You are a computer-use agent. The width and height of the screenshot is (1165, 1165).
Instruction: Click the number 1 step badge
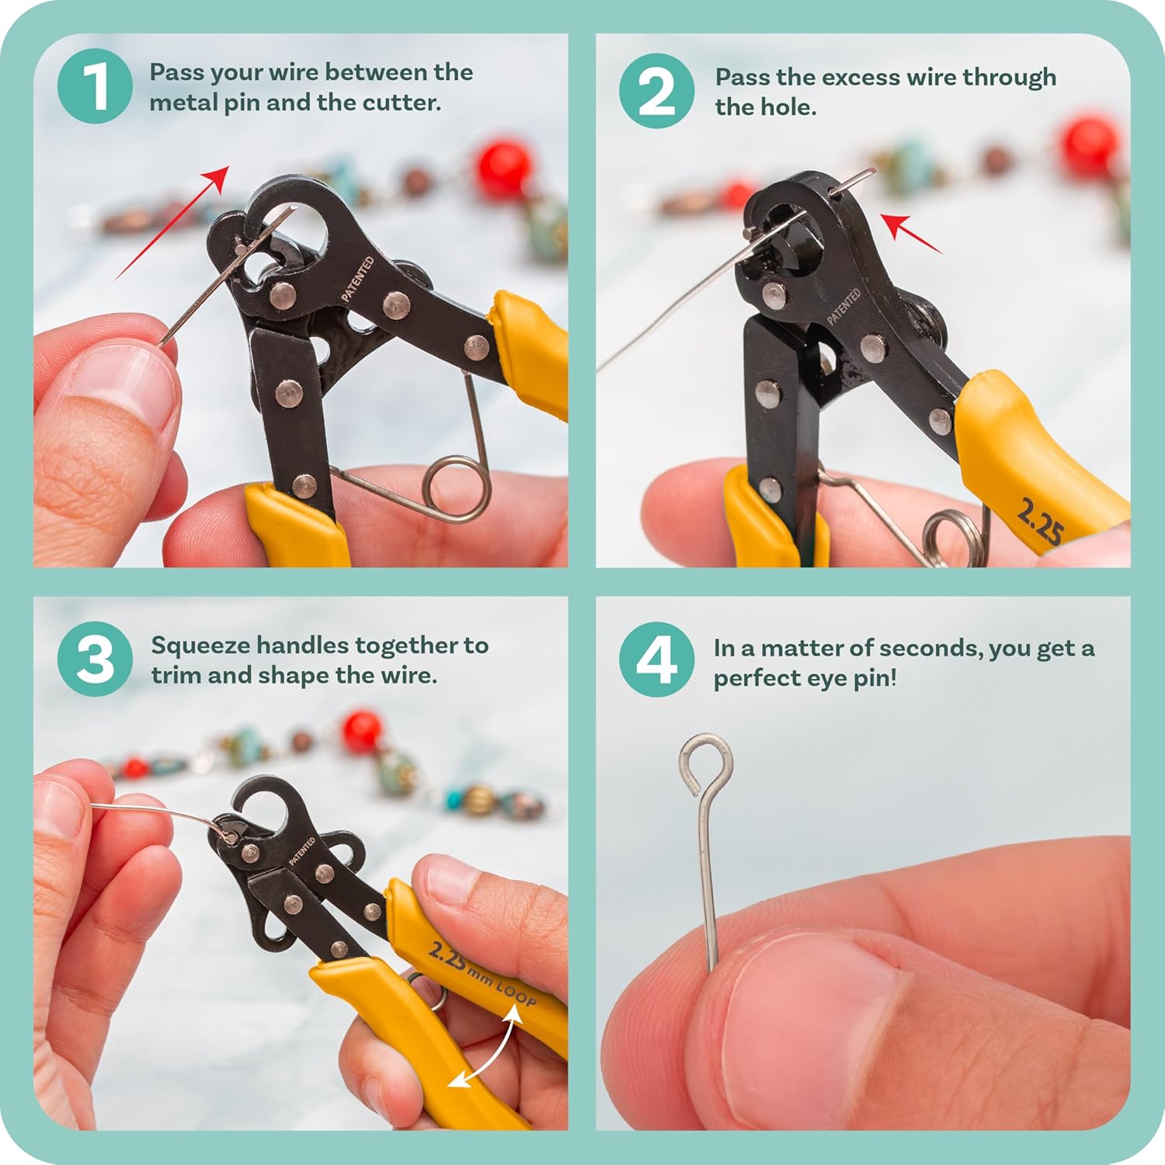(95, 86)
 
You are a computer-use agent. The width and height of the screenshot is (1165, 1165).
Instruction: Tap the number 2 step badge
(656, 91)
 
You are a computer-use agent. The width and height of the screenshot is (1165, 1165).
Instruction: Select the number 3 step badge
(95, 659)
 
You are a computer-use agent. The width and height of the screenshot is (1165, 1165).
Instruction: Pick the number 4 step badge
(656, 659)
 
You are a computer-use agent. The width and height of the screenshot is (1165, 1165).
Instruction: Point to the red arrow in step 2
(913, 233)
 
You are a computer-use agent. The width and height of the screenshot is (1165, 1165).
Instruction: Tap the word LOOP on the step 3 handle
(516, 992)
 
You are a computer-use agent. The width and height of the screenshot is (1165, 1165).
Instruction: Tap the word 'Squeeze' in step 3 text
(200, 645)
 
